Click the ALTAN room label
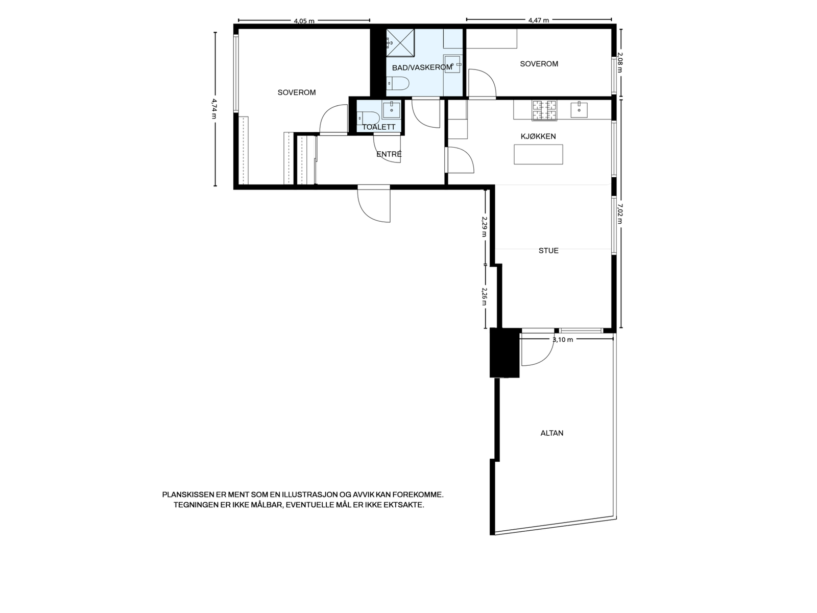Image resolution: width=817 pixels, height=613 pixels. [x=551, y=433]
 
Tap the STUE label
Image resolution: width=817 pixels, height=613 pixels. [x=548, y=250]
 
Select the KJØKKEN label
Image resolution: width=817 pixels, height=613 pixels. [x=538, y=136]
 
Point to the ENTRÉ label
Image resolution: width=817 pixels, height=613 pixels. [x=389, y=154]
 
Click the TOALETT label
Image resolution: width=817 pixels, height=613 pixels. [x=378, y=127]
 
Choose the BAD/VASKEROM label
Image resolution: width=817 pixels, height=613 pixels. [x=422, y=67]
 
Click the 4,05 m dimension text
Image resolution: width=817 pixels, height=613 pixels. [x=304, y=21]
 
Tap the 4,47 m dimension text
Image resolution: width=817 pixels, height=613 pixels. [x=539, y=20]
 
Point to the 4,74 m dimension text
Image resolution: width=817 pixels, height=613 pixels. [x=214, y=108]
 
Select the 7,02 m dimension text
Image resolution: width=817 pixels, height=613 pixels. [x=619, y=213]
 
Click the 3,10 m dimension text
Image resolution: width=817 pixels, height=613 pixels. [x=562, y=339]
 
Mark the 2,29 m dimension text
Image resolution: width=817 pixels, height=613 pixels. [x=484, y=227]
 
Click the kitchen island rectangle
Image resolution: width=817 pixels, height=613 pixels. [x=538, y=154]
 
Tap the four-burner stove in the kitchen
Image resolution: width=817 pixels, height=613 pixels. [x=544, y=110]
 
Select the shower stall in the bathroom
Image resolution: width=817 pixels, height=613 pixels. [x=400, y=43]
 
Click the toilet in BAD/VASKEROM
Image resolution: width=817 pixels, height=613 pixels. [x=397, y=83]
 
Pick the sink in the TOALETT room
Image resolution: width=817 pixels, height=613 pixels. [x=391, y=110]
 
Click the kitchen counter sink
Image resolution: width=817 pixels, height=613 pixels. [x=579, y=110]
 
